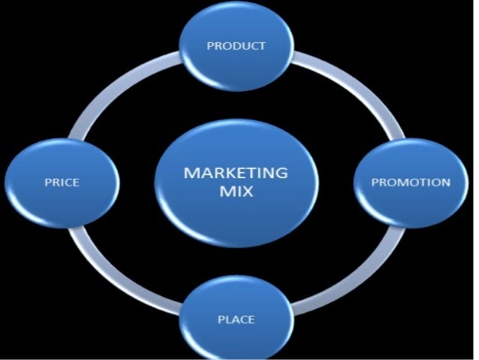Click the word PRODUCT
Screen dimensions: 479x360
pos(236,46)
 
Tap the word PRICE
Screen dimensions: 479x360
pos(62,182)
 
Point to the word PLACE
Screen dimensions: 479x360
pos(236,319)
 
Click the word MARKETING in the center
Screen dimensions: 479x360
pos(236,173)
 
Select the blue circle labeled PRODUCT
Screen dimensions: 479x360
pos(236,64)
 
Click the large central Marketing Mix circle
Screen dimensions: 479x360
pos(236,218)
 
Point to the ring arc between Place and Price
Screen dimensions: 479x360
pos(120,274)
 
